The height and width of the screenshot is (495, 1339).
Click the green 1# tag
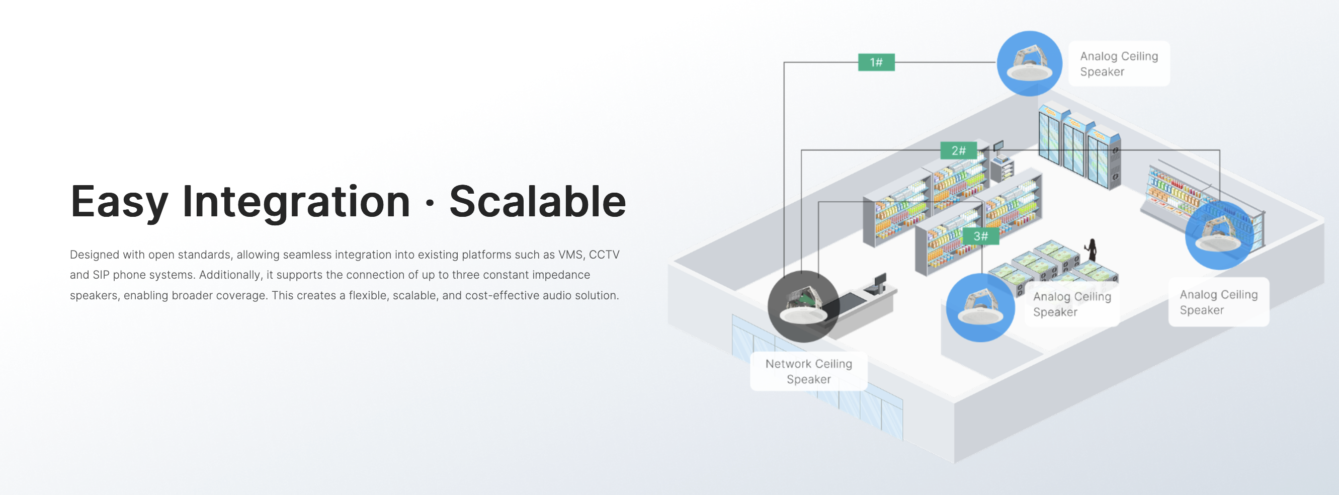[x=876, y=62]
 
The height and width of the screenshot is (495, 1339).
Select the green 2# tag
[x=958, y=151]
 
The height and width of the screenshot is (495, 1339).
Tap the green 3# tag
[x=980, y=236]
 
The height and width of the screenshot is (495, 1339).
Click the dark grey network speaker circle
[x=803, y=306]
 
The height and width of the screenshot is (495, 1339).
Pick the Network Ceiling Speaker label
[x=808, y=371]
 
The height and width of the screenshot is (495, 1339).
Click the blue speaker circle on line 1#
[x=1029, y=63]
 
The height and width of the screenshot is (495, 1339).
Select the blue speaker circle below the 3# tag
[x=980, y=308]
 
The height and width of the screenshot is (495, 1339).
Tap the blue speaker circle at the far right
[x=1219, y=235]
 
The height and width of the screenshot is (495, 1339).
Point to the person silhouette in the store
[x=1092, y=250]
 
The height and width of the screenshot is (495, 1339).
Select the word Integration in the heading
[x=296, y=202]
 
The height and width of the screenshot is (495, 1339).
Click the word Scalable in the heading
[x=538, y=202]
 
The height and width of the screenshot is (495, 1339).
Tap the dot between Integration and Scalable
[x=430, y=203]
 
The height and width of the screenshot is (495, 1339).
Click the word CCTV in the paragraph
[x=604, y=255]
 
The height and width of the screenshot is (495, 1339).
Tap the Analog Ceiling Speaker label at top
[x=1119, y=63]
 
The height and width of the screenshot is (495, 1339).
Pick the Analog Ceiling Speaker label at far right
[x=1218, y=302]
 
